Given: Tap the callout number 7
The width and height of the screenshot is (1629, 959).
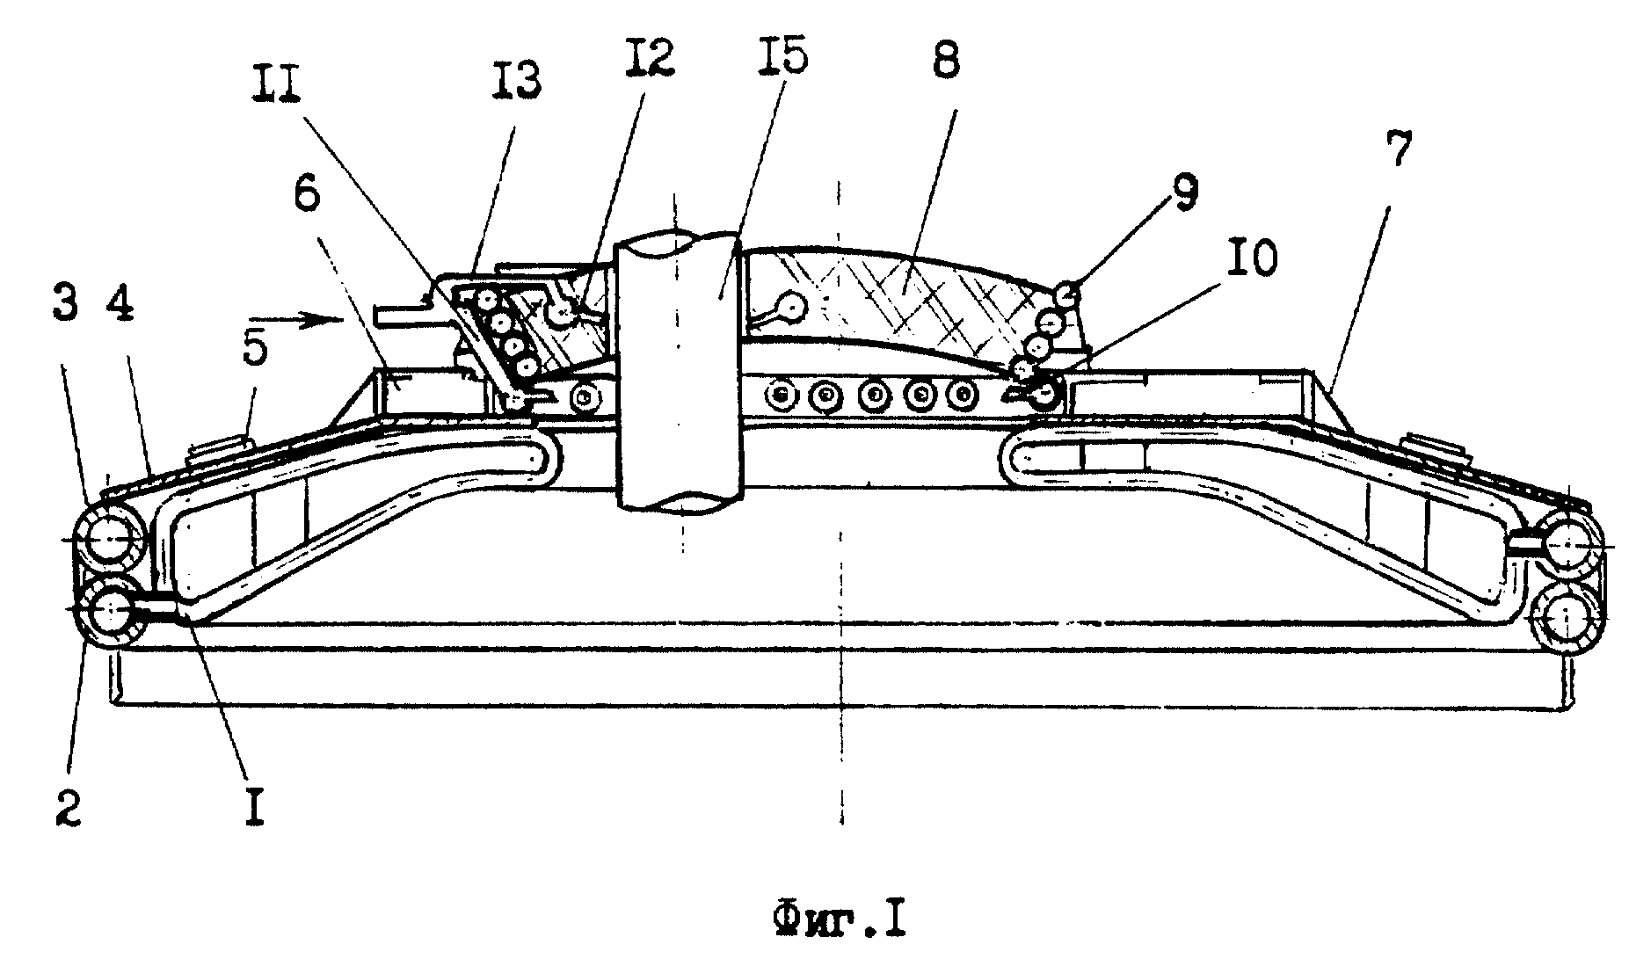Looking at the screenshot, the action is [x=1400, y=151].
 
